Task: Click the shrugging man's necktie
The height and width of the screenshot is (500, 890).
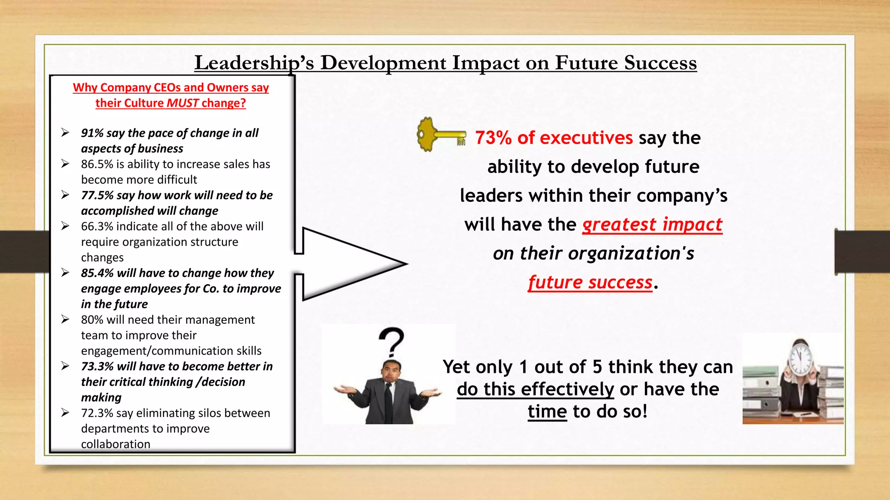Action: (388, 397)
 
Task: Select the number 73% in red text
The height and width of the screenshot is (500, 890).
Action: (493, 138)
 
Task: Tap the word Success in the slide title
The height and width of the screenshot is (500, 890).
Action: (660, 63)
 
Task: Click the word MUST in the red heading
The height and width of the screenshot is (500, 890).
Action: (183, 103)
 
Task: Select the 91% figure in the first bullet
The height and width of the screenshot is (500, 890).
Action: (92, 133)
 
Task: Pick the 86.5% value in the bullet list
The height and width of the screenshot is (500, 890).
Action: (97, 164)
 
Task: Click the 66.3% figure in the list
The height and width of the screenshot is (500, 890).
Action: (97, 227)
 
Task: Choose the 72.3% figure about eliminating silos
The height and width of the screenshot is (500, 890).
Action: (97, 413)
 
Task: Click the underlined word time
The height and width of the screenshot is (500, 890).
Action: (547, 411)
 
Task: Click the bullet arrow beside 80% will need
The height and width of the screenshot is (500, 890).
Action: (65, 319)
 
